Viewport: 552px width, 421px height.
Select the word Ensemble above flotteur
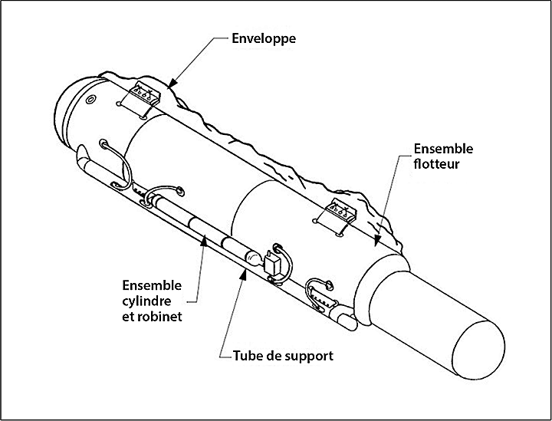pos(443,148)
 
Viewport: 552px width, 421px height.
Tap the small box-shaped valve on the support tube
pos(272,265)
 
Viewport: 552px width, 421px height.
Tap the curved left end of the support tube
pos(84,163)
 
